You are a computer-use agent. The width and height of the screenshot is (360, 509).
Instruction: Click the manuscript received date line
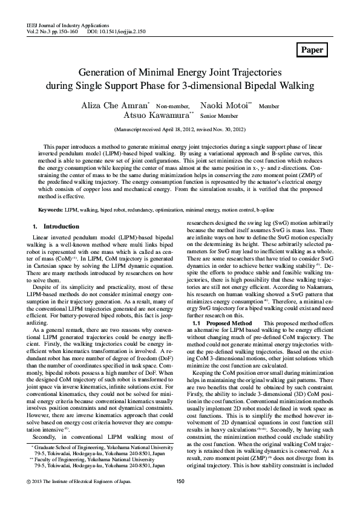[x=180, y=129]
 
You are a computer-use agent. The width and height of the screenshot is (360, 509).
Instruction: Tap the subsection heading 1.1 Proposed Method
[x=217, y=323]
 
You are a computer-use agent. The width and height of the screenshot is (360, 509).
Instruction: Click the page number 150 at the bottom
[x=180, y=498]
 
